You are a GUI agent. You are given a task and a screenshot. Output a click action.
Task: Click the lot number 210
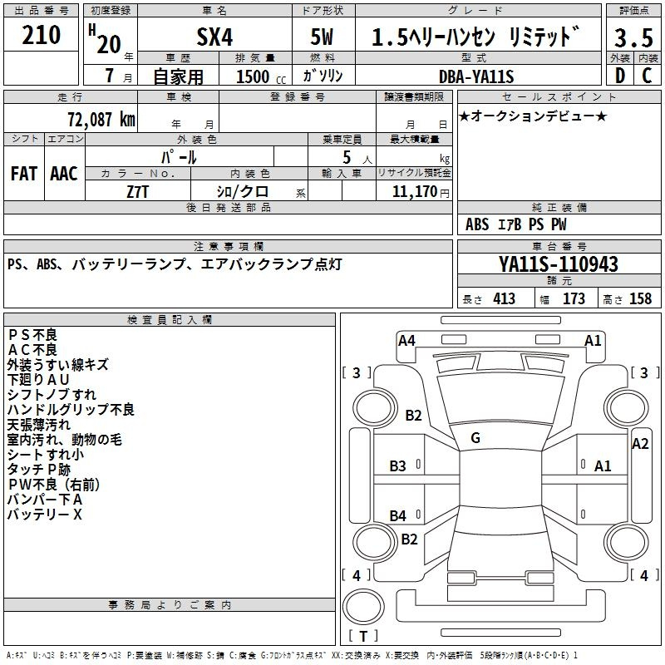[41, 35]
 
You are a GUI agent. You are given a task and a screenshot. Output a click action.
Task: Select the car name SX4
[214, 37]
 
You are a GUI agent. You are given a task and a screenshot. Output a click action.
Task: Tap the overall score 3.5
[633, 37]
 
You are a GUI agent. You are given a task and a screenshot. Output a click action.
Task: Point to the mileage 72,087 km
[101, 119]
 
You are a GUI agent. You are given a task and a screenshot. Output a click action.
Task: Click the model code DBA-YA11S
[476, 76]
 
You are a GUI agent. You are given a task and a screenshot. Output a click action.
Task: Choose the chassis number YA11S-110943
[559, 264]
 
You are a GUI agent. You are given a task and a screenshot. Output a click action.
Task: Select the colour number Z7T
[138, 192]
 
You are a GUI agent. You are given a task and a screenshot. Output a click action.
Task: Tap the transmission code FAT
[24, 174]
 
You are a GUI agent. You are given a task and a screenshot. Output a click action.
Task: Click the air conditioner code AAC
[64, 174]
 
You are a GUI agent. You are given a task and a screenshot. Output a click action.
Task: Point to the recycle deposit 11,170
[414, 191]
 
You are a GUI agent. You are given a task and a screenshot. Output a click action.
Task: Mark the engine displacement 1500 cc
[261, 76]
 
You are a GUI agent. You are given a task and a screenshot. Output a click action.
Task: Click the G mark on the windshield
[475, 438]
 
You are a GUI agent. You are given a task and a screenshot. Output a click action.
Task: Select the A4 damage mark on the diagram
[406, 341]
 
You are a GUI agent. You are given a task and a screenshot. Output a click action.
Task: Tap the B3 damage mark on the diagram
[397, 466]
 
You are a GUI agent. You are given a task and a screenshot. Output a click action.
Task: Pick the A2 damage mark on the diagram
[640, 444]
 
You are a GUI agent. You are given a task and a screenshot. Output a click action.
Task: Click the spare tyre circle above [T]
[363, 606]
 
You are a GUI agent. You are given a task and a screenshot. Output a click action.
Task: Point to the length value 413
[504, 298]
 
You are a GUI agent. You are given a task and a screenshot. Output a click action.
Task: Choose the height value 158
[640, 298]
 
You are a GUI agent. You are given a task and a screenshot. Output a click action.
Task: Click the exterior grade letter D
[620, 76]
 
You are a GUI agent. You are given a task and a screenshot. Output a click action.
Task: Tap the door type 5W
[322, 37]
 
